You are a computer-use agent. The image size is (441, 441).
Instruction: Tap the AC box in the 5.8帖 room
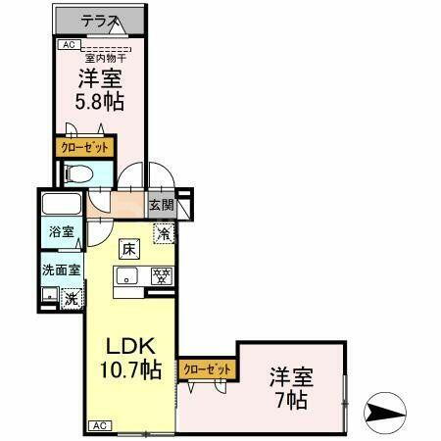pos(69,44)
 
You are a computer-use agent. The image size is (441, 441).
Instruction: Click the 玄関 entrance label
pos(162,206)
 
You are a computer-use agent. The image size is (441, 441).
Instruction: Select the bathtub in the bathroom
pos(61,208)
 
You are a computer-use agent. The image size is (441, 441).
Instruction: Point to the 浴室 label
pos(62,233)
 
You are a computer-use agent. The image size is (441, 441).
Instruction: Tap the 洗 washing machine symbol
pos(71,298)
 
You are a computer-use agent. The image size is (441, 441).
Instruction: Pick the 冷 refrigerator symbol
pos(163,233)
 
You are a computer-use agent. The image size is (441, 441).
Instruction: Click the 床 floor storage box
pos(128,249)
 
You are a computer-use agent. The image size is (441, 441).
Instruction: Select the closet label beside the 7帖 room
pos(208,368)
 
